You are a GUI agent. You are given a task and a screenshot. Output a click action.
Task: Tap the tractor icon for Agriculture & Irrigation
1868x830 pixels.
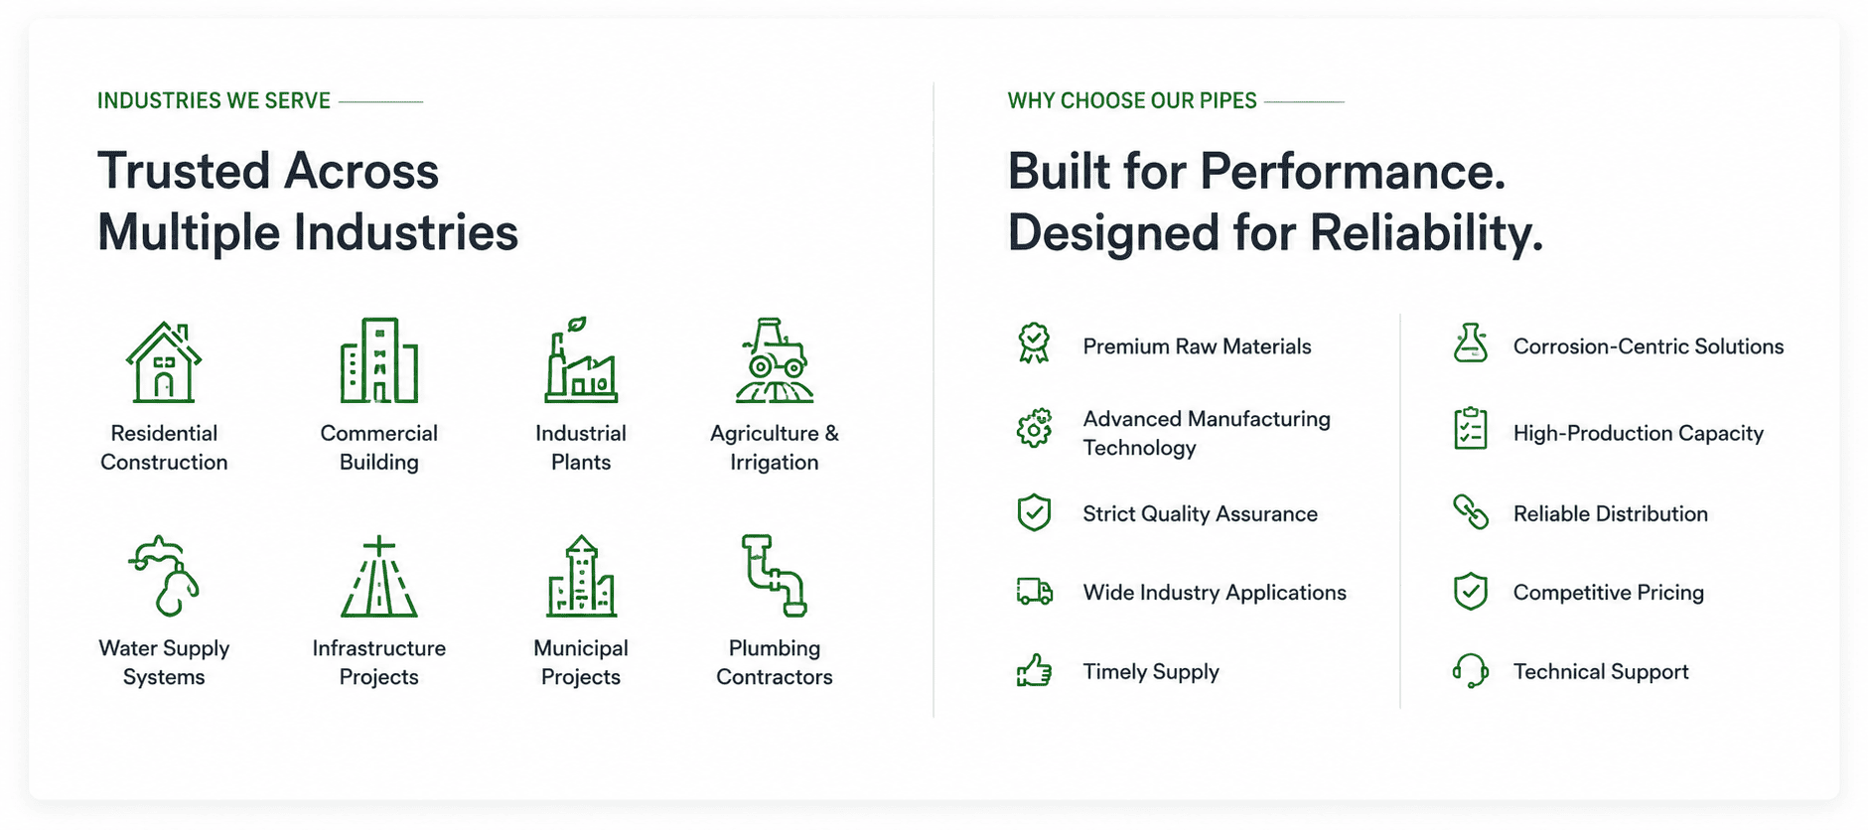[x=775, y=359]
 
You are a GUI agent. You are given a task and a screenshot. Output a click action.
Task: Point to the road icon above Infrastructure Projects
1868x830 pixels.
[x=378, y=577]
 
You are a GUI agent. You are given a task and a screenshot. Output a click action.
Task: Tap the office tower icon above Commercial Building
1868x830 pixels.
[x=378, y=360]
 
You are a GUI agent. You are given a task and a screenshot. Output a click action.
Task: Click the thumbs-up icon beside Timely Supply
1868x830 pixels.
[x=1034, y=671]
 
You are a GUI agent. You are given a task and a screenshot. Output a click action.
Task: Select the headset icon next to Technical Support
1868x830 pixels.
[x=1470, y=671]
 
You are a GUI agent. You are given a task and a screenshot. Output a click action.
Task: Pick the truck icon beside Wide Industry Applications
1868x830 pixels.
[x=1034, y=592]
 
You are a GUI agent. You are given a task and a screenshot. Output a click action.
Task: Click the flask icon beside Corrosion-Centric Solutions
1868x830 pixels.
[x=1470, y=344]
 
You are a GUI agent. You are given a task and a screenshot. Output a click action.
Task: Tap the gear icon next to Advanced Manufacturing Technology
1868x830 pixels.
[x=1034, y=428]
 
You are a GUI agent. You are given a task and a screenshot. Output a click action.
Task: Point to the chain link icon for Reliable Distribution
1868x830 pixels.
[x=1470, y=512]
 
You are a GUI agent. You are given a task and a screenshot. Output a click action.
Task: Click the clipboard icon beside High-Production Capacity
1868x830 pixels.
[x=1470, y=429]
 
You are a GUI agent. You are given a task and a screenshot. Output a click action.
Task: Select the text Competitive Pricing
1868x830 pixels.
[x=1608, y=593]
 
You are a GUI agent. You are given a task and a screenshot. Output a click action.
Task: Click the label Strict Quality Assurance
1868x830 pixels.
[x=1200, y=514]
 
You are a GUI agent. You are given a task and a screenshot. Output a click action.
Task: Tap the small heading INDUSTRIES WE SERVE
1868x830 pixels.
[x=214, y=101]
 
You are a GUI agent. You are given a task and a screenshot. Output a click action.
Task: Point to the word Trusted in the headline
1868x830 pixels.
[x=184, y=171]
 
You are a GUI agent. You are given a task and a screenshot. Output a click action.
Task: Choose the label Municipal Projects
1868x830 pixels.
[x=581, y=662]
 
